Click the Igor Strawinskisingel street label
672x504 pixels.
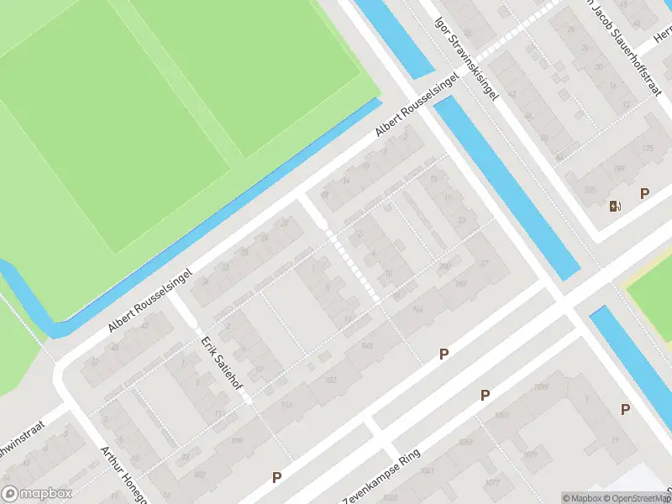[466, 57]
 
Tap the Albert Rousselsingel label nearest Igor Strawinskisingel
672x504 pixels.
[417, 106]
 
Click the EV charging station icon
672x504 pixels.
[616, 207]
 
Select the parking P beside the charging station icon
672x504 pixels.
[644, 194]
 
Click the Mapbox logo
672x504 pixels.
[37, 494]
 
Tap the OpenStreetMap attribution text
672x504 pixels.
[635, 498]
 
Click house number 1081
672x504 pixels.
[502, 415]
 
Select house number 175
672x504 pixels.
[647, 150]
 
